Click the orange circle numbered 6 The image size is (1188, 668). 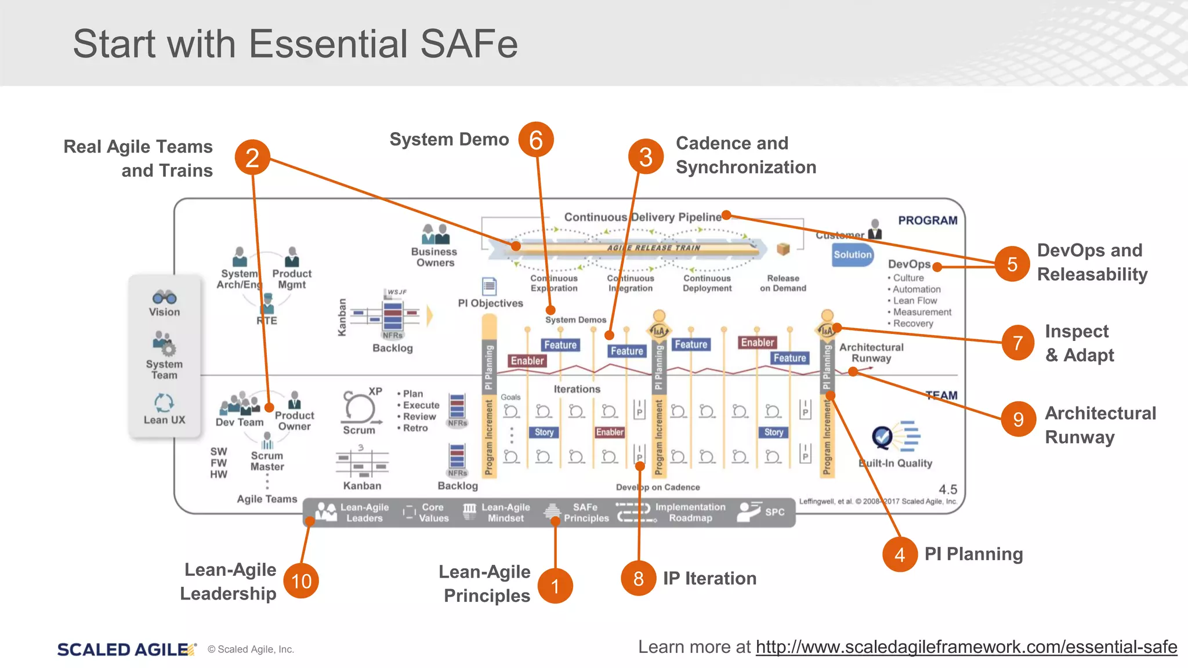(x=536, y=140)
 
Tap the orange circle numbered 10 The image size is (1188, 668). (x=301, y=581)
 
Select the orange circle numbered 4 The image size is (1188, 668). (x=900, y=555)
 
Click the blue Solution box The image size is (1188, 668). (x=852, y=255)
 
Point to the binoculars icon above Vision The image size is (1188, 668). (x=164, y=297)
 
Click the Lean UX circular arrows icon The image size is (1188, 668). (x=164, y=402)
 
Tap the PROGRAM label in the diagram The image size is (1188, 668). (x=928, y=220)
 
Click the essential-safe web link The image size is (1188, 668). (x=966, y=647)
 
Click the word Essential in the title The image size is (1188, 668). (x=329, y=44)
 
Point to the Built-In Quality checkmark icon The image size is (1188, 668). (x=883, y=437)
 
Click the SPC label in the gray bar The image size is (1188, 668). (x=774, y=512)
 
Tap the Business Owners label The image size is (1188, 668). (x=434, y=257)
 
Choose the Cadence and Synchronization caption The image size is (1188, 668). (x=745, y=155)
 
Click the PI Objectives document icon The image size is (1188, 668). (x=490, y=286)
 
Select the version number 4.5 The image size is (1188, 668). (x=947, y=489)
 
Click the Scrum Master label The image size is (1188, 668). (x=267, y=461)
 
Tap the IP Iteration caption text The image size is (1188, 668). (x=709, y=579)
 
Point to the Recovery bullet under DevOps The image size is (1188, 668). (x=912, y=324)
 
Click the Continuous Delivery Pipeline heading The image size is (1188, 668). (x=642, y=217)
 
